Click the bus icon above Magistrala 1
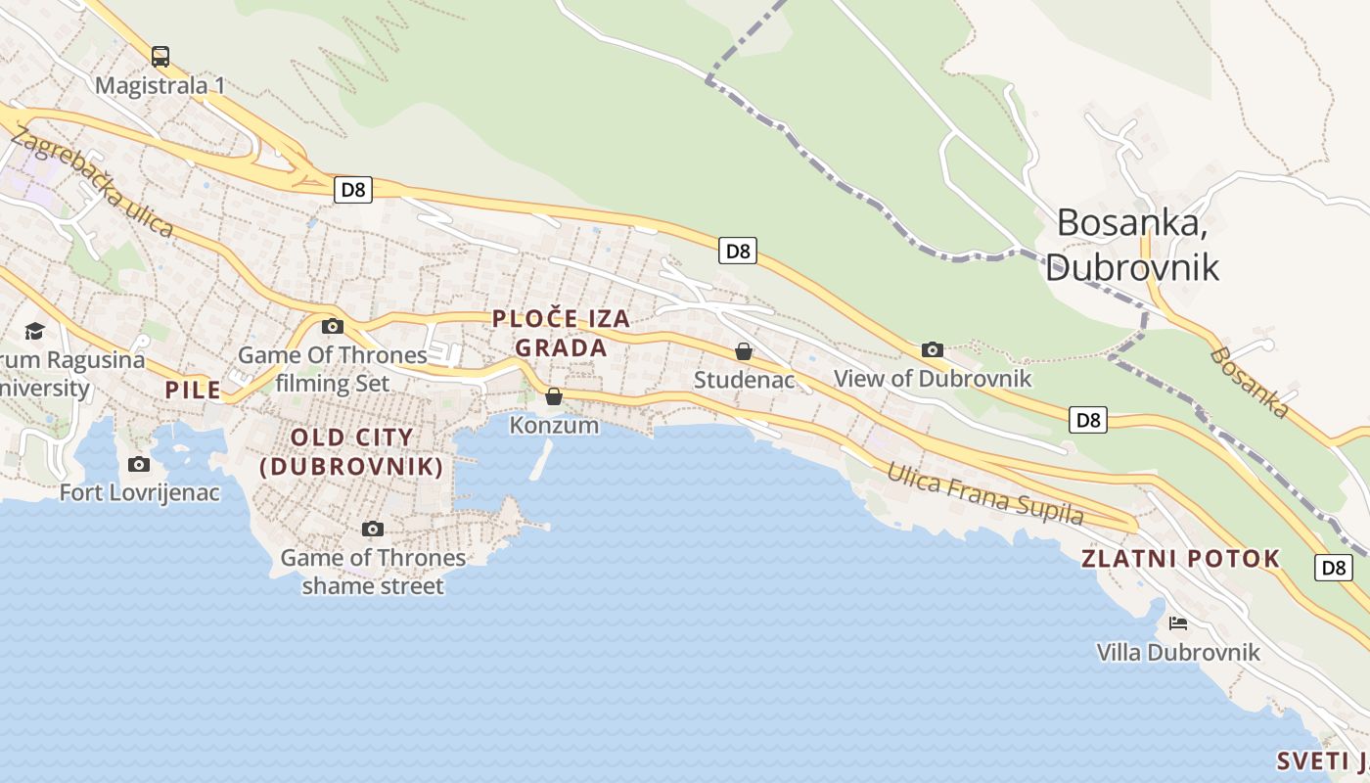click(x=160, y=56)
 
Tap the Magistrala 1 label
click(x=160, y=86)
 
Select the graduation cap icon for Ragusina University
click(x=35, y=331)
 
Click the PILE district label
click(x=193, y=391)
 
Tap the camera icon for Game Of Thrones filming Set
click(x=333, y=326)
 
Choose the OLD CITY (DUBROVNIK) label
click(x=352, y=452)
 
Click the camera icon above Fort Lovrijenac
click(x=139, y=464)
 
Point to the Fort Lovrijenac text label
click(x=140, y=492)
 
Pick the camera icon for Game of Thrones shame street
click(x=373, y=530)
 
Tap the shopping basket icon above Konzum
click(x=554, y=396)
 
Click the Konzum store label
click(x=554, y=425)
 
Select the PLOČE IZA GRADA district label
click(x=562, y=333)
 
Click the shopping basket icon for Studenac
click(x=744, y=350)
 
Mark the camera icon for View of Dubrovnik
click(x=933, y=349)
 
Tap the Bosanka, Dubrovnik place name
click(x=1132, y=245)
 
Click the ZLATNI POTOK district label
click(x=1181, y=559)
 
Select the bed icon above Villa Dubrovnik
click(x=1178, y=622)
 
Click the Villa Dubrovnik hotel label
click(x=1178, y=652)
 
